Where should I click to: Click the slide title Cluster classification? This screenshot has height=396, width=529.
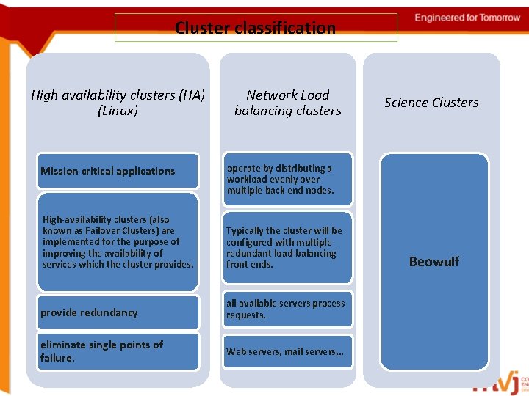coord(255,28)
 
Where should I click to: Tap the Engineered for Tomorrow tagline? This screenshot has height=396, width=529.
coord(467,18)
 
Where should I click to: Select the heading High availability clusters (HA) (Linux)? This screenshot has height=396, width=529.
coord(118,103)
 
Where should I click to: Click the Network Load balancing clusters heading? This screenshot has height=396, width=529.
coord(287,103)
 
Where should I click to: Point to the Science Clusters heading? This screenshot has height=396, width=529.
coord(431,103)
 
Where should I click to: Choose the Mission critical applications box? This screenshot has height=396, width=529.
coord(118,171)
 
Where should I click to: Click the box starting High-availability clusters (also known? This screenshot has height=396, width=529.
coord(118,241)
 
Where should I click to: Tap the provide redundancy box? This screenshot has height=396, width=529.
coord(118,312)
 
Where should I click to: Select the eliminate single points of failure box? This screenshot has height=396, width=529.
coord(118,351)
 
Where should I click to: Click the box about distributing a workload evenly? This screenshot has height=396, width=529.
coord(287,179)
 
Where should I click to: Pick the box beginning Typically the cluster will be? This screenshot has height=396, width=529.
coord(287,247)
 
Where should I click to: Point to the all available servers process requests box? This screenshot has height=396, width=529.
coord(287,309)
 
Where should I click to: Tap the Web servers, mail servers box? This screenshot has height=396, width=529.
coord(287,352)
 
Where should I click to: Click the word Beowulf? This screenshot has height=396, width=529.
coord(433,262)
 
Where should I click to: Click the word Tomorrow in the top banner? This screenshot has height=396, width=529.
coord(496,18)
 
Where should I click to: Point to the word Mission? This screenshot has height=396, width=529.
coord(59,171)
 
